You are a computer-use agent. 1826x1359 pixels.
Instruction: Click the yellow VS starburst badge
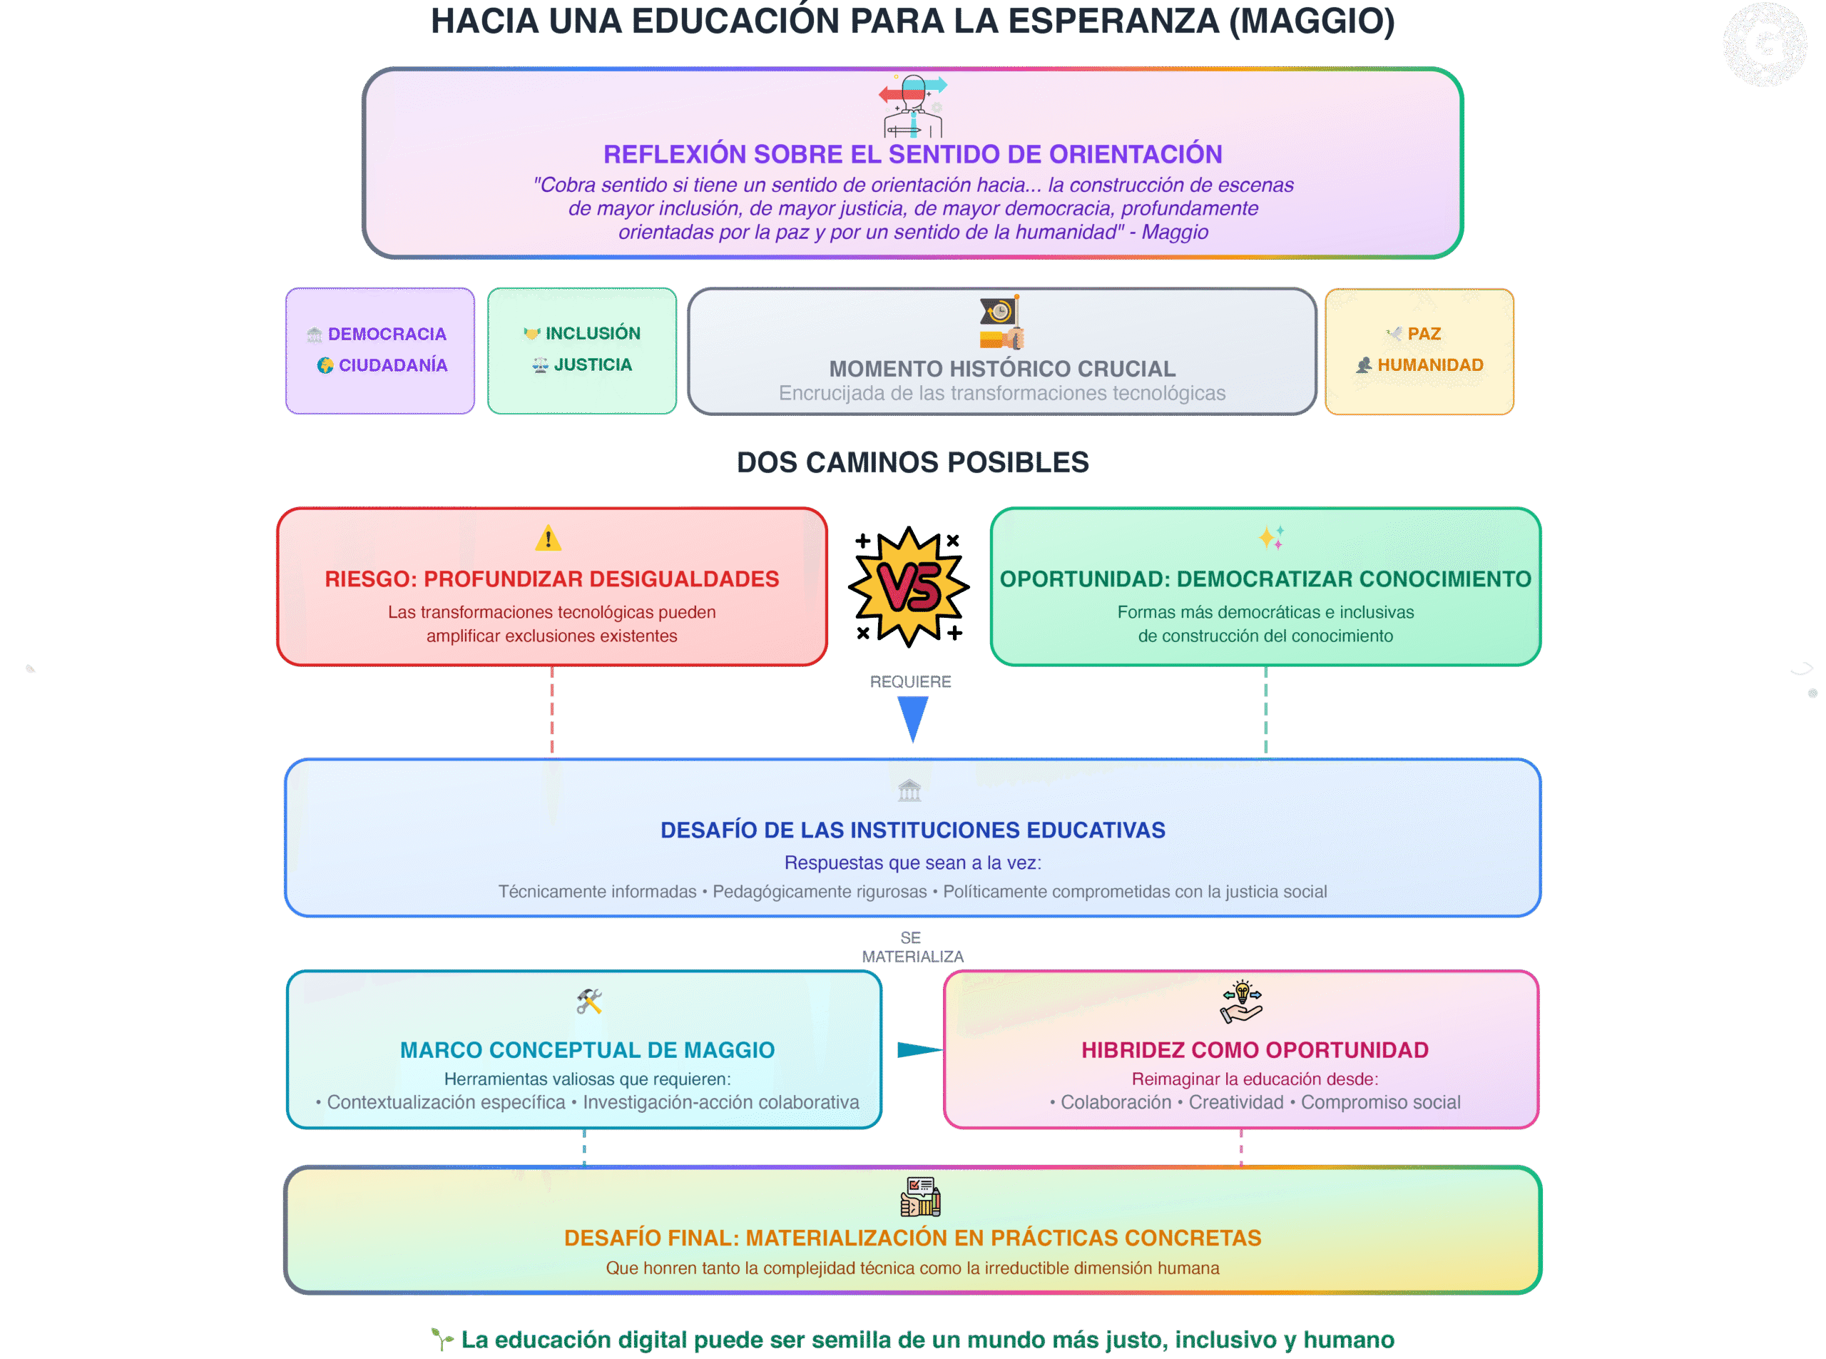pyautogui.click(x=909, y=586)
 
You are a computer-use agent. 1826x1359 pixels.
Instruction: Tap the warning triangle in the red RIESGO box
pyautogui.click(x=548, y=538)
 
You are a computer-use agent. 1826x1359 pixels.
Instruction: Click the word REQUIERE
pyautogui.click(x=911, y=682)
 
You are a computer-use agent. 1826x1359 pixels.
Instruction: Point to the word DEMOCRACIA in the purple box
pyautogui.click(x=387, y=334)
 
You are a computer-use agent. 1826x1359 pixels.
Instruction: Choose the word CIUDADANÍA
pyautogui.click(x=393, y=365)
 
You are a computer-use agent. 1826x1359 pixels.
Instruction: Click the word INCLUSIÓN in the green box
pyautogui.click(x=593, y=333)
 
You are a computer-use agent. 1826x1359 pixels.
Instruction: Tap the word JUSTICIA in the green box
pyautogui.click(x=593, y=365)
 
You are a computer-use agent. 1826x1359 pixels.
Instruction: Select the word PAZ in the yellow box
pyautogui.click(x=1424, y=334)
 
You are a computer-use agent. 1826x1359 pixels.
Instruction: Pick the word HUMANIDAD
pyautogui.click(x=1430, y=365)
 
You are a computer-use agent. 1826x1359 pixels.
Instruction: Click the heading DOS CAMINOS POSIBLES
pyautogui.click(x=912, y=462)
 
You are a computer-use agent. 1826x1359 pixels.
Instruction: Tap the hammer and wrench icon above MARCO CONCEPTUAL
pyautogui.click(x=589, y=1001)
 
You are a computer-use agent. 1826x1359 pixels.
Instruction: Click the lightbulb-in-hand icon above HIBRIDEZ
pyautogui.click(x=1241, y=1001)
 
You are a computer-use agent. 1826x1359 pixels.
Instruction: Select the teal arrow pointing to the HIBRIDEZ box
pyautogui.click(x=919, y=1049)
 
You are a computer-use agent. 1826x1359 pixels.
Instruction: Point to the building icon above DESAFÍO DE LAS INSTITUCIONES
pyautogui.click(x=909, y=790)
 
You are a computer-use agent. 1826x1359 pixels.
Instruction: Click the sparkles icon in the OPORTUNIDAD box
pyautogui.click(x=1271, y=538)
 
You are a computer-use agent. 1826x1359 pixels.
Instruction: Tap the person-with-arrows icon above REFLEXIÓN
pyautogui.click(x=913, y=106)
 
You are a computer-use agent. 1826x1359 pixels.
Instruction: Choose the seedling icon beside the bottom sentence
pyautogui.click(x=442, y=1339)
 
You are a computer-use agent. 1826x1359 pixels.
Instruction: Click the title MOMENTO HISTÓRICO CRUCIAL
pyautogui.click(x=1002, y=369)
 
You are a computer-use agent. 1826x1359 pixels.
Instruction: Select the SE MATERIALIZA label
pyautogui.click(x=912, y=947)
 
